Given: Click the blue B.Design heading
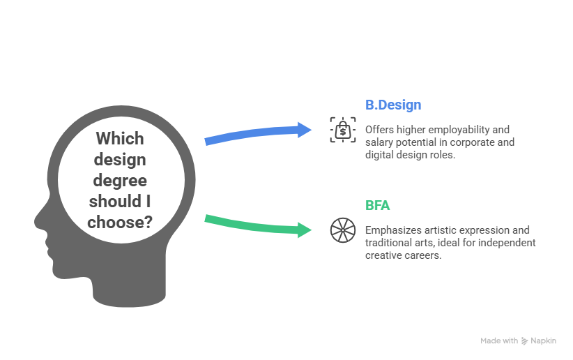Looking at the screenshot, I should coord(393,105).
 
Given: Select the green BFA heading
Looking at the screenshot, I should coord(377,206).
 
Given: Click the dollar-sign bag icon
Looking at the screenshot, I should coord(342,130).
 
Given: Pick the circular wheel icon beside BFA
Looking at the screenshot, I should coord(342,230).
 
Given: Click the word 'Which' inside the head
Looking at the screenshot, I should coord(120,138).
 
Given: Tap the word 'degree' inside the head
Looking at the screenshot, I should coord(120,181).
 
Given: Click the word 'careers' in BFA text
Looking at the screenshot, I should coord(425,255).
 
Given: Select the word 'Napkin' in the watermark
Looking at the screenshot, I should coord(543,341).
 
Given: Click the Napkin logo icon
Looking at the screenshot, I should coord(524,341).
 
